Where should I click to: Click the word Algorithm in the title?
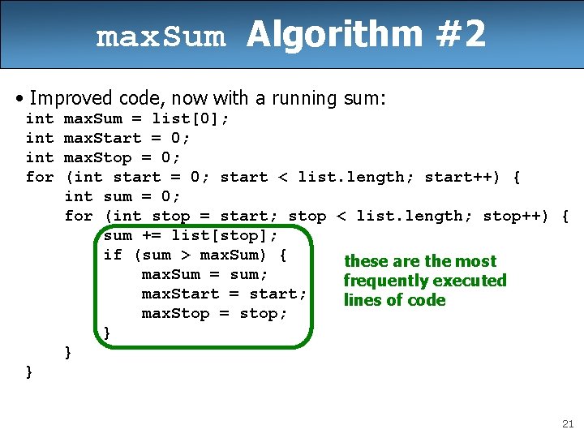pos(335,35)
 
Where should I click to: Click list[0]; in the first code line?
pos(191,118)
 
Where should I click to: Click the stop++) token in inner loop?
pos(516,216)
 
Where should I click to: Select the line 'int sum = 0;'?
pos(122,196)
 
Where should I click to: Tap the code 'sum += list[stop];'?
pos(191,235)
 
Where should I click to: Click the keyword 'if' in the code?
pos(113,255)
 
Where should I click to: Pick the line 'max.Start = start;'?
pos(224,294)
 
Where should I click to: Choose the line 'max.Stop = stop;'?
pos(214,313)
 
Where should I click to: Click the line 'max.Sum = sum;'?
pos(204,274)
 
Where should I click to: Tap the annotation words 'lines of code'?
pos(394,300)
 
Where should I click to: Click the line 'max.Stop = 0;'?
pos(122,157)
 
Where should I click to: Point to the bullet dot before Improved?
pos(19,99)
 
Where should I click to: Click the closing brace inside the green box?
pos(107,333)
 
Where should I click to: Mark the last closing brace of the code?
pos(29,371)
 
